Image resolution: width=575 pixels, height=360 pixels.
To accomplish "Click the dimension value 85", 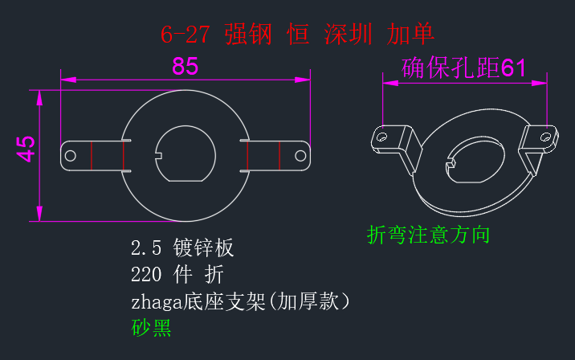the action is [x=186, y=67].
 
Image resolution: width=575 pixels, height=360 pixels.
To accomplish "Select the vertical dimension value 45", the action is [x=26, y=149].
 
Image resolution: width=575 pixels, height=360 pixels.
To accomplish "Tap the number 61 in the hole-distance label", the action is [x=513, y=67].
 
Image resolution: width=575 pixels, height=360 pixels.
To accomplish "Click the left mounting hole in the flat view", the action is [x=71, y=156].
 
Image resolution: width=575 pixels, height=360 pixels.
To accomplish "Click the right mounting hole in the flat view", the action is [x=300, y=156].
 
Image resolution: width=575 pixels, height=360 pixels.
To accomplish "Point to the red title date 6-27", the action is [x=186, y=35].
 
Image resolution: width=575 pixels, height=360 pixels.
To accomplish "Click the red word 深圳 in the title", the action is [x=348, y=35].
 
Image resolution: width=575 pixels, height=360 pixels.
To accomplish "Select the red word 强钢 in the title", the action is [x=248, y=35].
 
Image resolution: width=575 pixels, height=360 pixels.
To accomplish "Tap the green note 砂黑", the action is [x=151, y=328].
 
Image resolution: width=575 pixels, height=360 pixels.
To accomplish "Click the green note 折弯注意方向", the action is [x=428, y=235].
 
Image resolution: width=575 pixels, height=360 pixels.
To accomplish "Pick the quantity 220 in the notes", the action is [x=146, y=275].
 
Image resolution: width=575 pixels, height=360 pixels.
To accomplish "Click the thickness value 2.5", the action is [x=146, y=247].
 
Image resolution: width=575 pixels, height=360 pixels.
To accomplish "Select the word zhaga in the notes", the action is [x=157, y=302].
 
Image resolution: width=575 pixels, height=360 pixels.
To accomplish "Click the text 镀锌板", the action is [x=203, y=247].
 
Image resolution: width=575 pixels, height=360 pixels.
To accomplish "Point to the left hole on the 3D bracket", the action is [x=381, y=138].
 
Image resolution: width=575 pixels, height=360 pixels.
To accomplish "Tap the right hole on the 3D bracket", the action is [x=545, y=137].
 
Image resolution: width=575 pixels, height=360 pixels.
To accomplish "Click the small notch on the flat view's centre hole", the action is [x=158, y=156].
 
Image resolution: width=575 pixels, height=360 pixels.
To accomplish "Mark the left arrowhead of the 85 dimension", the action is [x=68, y=80].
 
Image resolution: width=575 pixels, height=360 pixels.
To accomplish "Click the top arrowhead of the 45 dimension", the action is [x=39, y=97].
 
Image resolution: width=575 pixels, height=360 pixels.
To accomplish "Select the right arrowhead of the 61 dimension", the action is [x=539, y=84].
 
